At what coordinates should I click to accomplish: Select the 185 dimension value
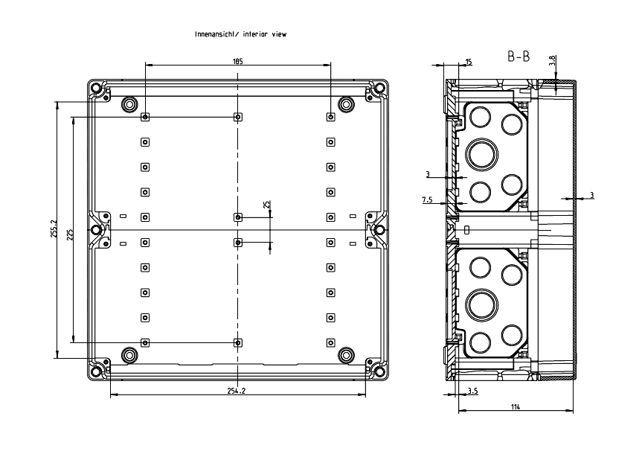click(237, 62)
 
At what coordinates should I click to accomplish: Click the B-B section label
click(519, 58)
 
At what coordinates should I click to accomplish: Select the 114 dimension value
click(516, 406)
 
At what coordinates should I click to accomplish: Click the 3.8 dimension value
click(551, 62)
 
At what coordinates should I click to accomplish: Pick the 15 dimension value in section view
click(468, 62)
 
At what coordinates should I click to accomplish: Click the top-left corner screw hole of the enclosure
click(96, 89)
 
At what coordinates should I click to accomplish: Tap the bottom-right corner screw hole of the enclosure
click(379, 370)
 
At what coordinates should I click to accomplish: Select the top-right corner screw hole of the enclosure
click(379, 89)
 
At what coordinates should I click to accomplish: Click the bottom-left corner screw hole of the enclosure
click(96, 370)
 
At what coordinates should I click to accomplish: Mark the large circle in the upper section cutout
click(478, 154)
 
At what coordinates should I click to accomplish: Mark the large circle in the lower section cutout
click(478, 304)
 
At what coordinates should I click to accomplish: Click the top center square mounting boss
click(237, 117)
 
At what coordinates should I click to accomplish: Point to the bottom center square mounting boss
click(237, 342)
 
